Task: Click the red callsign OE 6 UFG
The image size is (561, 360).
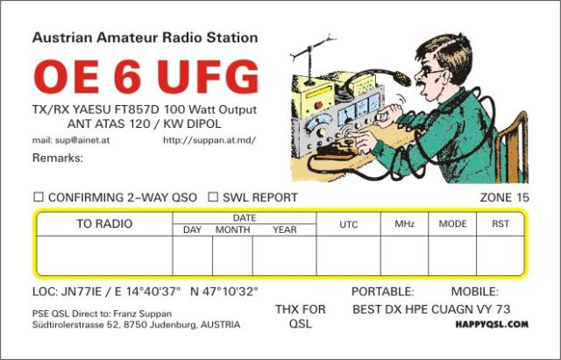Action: [x=146, y=77]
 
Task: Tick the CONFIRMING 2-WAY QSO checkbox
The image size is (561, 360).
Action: [x=39, y=197]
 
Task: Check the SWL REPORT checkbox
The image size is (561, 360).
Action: [x=213, y=197]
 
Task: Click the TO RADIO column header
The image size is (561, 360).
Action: [x=104, y=223]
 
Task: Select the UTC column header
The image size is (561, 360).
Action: [x=349, y=224]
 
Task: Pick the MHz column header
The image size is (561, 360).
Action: [x=404, y=224]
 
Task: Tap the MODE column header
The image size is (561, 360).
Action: [x=452, y=223]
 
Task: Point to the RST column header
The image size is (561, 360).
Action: [x=501, y=223]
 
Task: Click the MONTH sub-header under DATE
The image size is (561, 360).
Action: [x=232, y=229]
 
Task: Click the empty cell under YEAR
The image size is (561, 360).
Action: [x=284, y=256]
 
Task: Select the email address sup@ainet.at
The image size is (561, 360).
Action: [x=82, y=140]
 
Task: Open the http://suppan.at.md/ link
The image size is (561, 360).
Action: [x=209, y=140]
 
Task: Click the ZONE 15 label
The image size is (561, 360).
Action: [x=505, y=197]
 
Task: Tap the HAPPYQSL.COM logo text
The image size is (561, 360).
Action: [x=492, y=325]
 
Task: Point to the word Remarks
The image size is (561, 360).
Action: [x=57, y=158]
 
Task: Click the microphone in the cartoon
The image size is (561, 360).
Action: [x=401, y=78]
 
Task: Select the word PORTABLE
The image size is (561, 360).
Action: [x=382, y=292]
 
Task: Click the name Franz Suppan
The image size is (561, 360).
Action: [x=142, y=314]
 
